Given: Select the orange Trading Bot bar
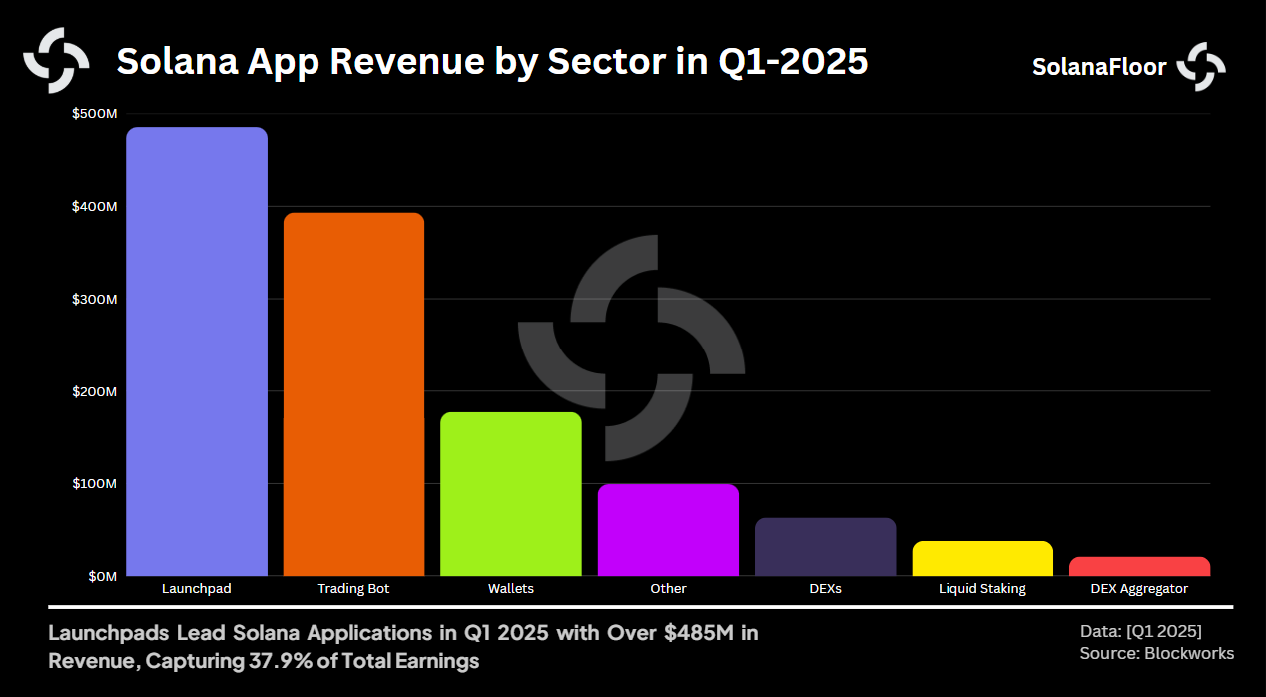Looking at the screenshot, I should [x=353, y=394].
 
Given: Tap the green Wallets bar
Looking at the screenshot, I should [x=511, y=494].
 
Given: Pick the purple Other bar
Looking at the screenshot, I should [x=668, y=530].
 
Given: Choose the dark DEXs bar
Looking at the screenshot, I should [x=825, y=547].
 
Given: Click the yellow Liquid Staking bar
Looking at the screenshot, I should [x=982, y=559].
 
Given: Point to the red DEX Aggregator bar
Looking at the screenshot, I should [x=1139, y=567].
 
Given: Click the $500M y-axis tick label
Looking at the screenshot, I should [x=94, y=114].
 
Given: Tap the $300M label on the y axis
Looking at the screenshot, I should [x=94, y=299].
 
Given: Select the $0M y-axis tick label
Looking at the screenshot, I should [x=100, y=576].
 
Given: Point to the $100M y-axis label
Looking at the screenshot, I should [x=94, y=484].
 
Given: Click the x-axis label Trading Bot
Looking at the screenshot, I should [x=353, y=589].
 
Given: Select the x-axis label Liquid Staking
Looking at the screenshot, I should [x=982, y=589].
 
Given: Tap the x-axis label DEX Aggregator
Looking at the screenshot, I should [x=1139, y=589].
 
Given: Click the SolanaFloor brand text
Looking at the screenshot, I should [x=1099, y=67].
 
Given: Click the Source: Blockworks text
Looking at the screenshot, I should [x=1156, y=653].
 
